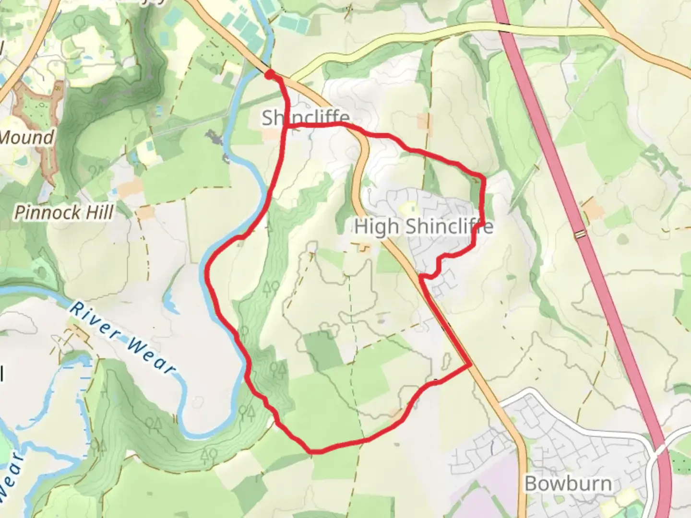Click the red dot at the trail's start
(270, 74)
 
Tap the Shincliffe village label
(306, 118)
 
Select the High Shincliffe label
(423, 226)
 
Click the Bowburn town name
(568, 483)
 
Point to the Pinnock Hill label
(64, 212)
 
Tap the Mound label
(26, 138)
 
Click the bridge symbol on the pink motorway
(581, 234)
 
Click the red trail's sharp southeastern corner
(469, 367)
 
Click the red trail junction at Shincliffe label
(287, 126)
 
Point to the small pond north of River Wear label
(170, 300)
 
